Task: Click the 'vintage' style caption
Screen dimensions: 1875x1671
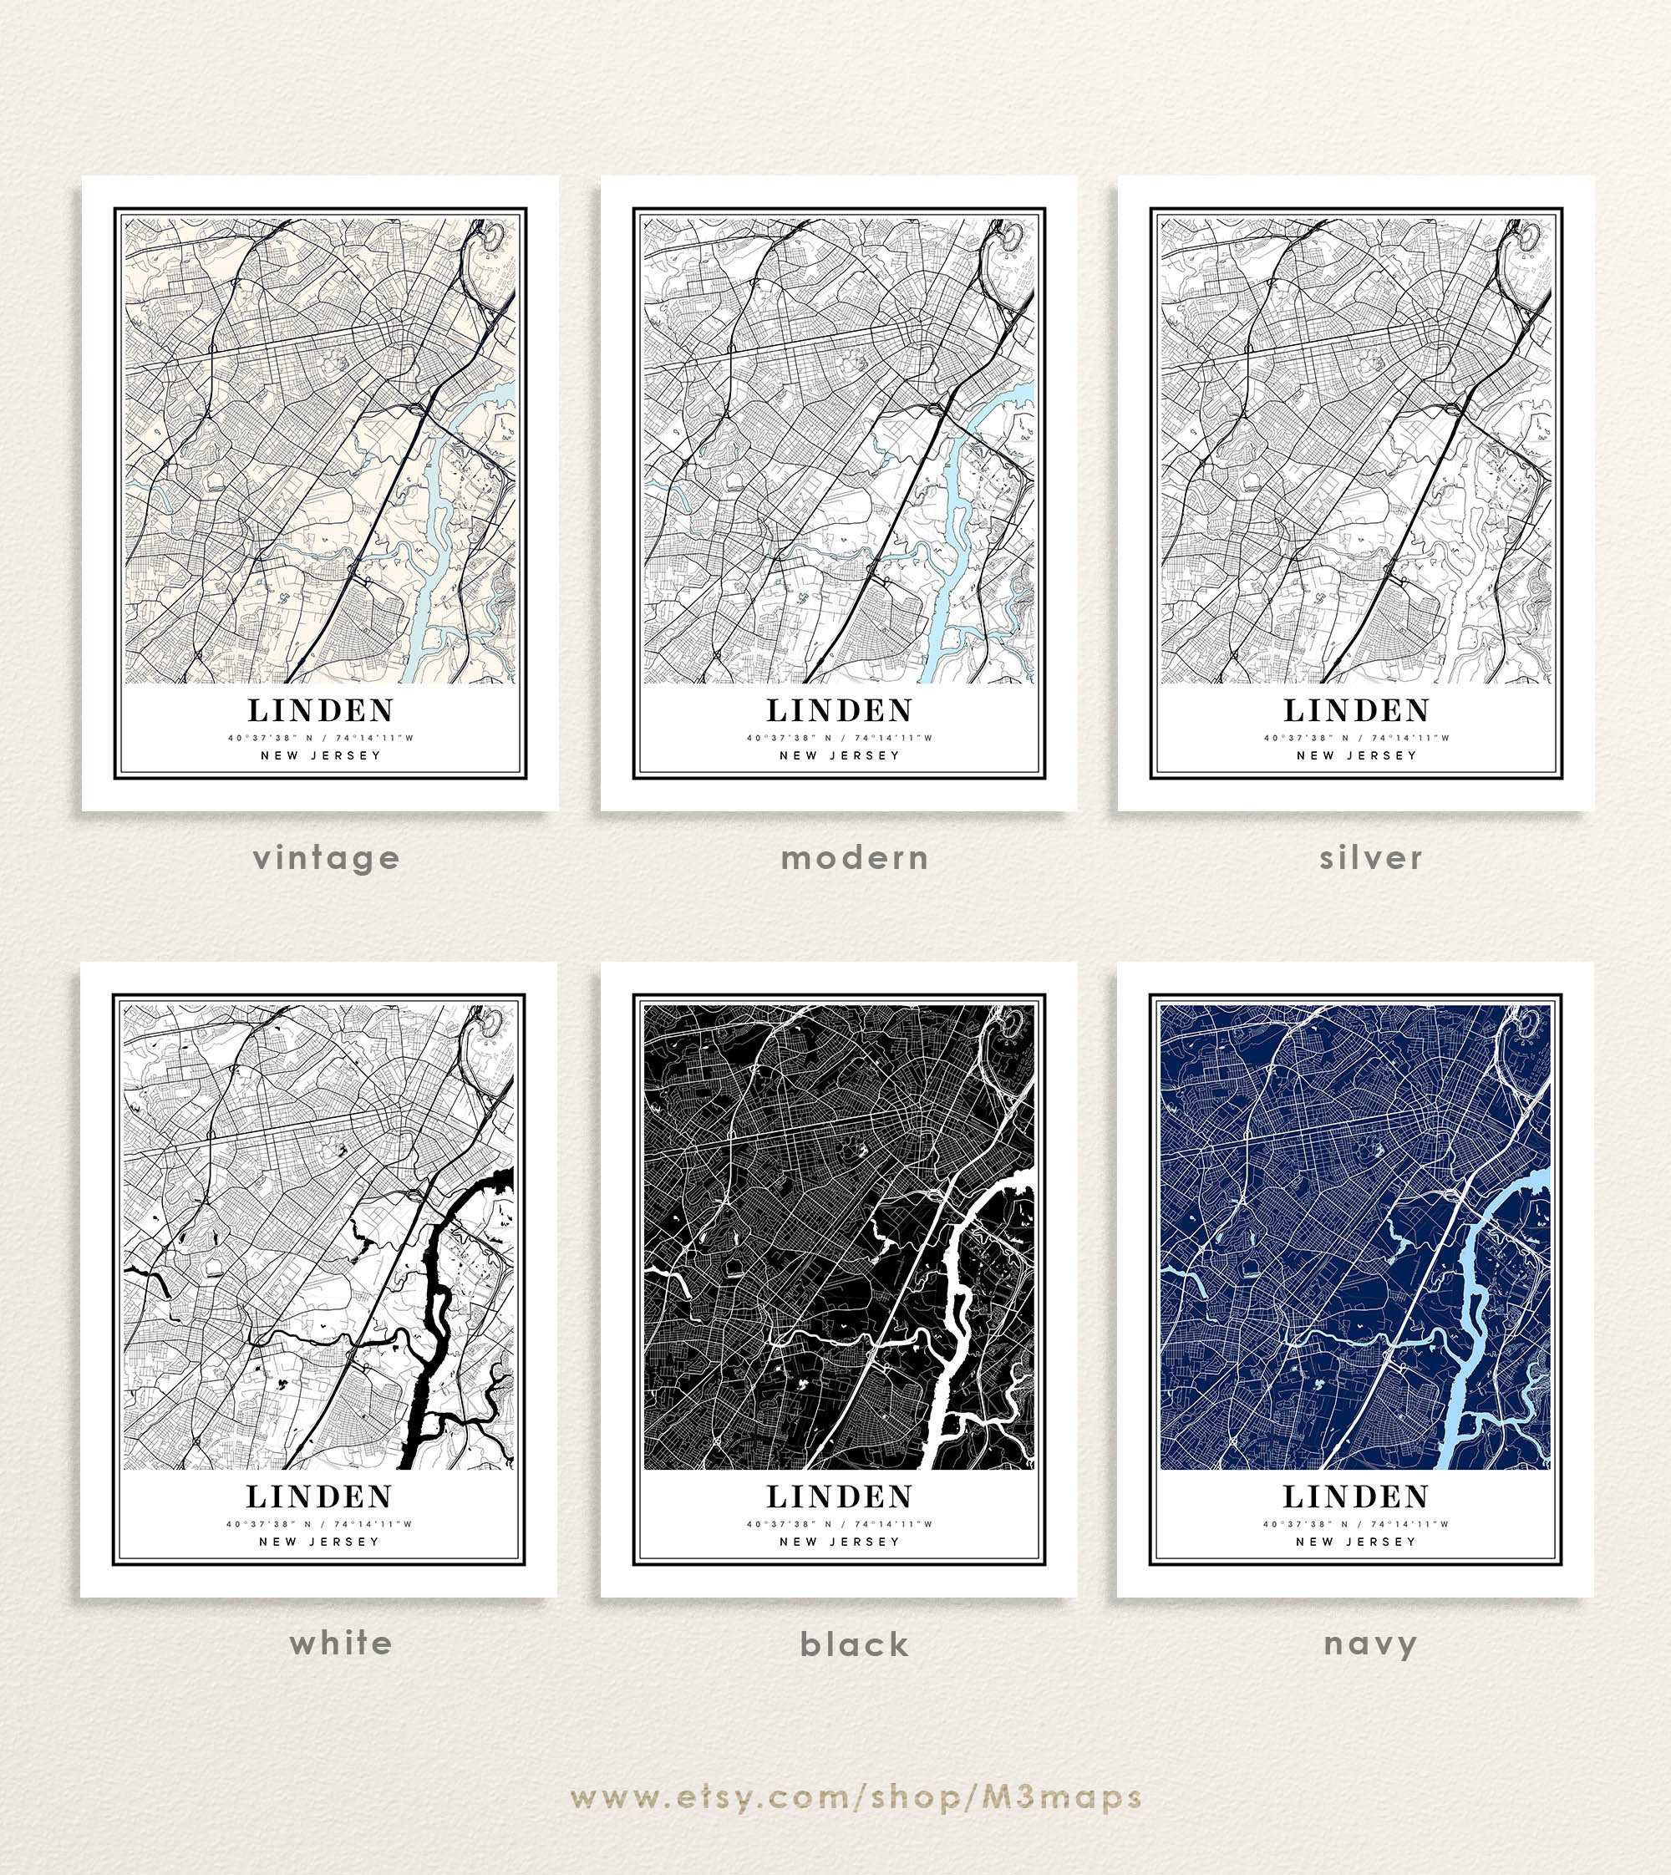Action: click(x=326, y=857)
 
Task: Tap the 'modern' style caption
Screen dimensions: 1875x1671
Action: click(x=854, y=857)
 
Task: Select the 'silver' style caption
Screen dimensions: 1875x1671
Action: click(x=1370, y=857)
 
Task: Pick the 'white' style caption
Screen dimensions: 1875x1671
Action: click(x=341, y=1643)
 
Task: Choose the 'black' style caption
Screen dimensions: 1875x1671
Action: click(x=854, y=1644)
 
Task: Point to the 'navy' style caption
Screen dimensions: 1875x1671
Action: click(x=1370, y=1644)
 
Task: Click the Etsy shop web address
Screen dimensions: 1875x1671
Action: click(x=855, y=1797)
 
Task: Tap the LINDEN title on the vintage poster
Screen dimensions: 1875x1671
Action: click(x=321, y=711)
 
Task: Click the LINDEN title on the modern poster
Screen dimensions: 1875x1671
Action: click(x=839, y=711)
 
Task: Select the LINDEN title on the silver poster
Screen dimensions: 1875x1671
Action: click(x=1356, y=711)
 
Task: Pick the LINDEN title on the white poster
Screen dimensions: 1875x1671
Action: click(x=318, y=1496)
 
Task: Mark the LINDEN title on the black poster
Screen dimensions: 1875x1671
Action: click(x=839, y=1496)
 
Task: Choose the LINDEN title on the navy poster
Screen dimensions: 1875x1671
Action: click(x=1355, y=1496)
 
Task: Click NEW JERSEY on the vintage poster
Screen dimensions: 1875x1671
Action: click(x=321, y=755)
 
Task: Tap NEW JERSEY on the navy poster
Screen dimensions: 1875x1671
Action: click(x=1355, y=1542)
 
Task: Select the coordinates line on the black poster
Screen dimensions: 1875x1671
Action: click(x=839, y=1524)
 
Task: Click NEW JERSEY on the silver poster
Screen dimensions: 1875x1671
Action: click(x=1356, y=755)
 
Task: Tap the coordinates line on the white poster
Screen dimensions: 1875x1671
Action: click(x=318, y=1524)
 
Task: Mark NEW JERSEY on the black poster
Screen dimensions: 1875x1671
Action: click(x=839, y=1542)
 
